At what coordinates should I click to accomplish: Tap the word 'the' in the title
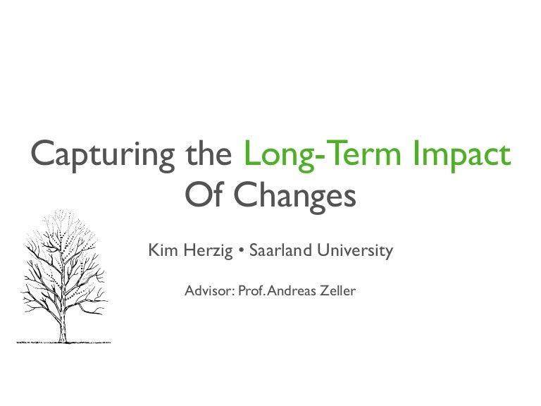(x=209, y=154)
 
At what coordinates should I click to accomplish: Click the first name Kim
(x=161, y=250)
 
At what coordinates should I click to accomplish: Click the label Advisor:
(x=209, y=289)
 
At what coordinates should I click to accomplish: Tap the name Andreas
(x=294, y=289)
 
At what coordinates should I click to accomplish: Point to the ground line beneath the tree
(x=62, y=341)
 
